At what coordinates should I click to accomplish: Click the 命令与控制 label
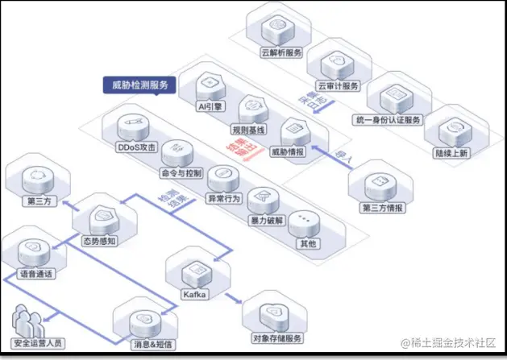tap(181, 173)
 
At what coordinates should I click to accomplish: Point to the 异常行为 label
tap(223, 198)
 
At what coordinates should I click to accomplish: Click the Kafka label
tap(195, 295)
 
